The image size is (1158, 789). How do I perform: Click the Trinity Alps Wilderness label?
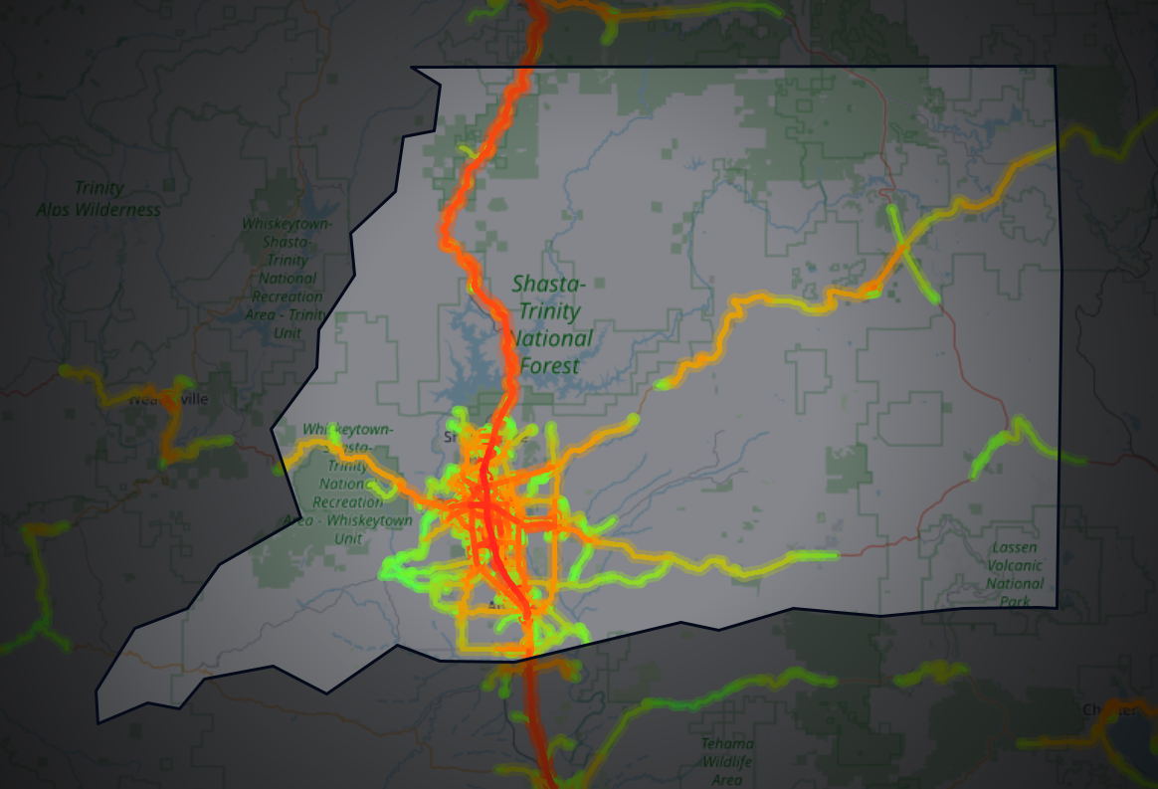tap(98, 199)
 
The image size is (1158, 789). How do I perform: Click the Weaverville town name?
tap(168, 400)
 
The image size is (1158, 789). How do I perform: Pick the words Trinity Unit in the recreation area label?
tap(289, 323)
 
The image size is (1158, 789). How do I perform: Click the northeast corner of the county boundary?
tap(1055, 68)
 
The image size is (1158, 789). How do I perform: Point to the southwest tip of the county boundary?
tap(97, 721)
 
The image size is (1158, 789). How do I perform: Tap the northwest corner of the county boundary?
tap(412, 69)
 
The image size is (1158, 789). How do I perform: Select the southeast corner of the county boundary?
tap(1058, 606)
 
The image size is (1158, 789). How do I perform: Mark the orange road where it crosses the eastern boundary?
tap(1057, 146)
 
